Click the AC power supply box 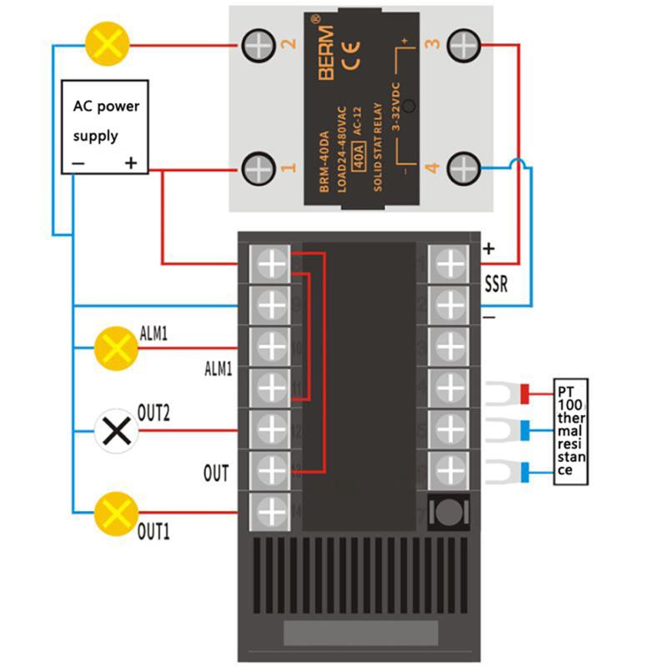106,127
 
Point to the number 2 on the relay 291,44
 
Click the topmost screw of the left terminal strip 271,264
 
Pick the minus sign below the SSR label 489,317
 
